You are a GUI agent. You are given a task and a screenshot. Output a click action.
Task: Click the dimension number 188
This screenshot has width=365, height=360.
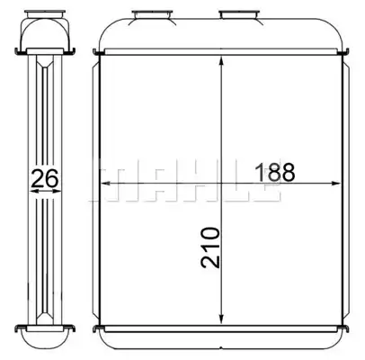pyautogui.click(x=275, y=172)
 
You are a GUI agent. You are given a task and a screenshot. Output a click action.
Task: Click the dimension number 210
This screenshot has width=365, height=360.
pyautogui.click(x=210, y=247)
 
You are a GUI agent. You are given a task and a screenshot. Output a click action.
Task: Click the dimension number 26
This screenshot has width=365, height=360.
pyautogui.click(x=45, y=178)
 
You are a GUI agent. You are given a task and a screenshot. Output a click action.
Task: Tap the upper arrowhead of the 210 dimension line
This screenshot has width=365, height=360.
pyautogui.click(x=221, y=60)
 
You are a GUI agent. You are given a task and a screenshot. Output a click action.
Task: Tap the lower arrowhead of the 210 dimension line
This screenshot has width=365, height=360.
pyautogui.click(x=221, y=319)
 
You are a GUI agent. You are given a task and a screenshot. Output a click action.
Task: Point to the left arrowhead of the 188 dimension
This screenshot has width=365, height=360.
pyautogui.click(x=106, y=184)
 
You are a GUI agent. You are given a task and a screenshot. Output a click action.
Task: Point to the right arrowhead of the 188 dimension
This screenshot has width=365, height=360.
pyautogui.click(x=334, y=184)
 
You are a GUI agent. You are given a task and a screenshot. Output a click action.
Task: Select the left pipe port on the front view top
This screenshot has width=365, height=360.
pyautogui.click(x=153, y=15)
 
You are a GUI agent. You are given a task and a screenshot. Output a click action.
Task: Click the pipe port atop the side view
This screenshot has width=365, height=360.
pyautogui.click(x=45, y=13)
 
